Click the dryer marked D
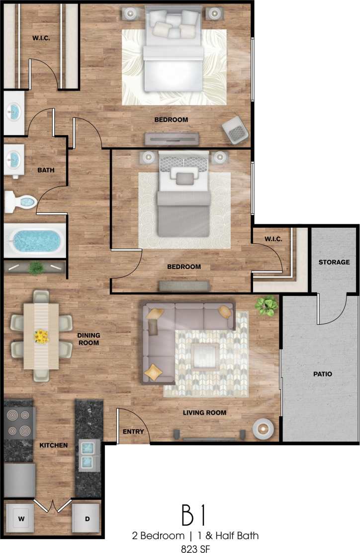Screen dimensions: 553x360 (87, 519)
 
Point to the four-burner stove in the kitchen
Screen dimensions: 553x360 (19, 422)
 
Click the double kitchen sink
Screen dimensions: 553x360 (87, 455)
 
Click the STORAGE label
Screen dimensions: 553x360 (334, 262)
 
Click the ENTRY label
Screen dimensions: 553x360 (133, 431)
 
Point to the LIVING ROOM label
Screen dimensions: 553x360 (204, 412)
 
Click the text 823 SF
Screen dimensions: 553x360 (195, 547)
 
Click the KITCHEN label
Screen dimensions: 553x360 (53, 445)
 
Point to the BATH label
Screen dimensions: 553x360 (46, 170)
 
